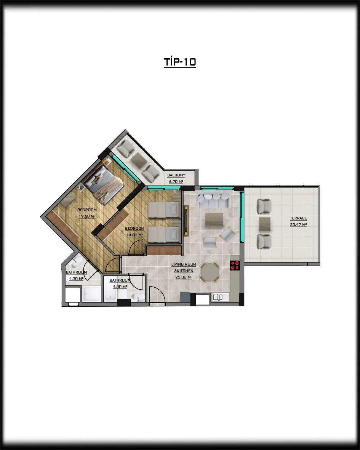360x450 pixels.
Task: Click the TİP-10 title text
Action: (x=180, y=62)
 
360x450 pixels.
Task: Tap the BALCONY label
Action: (x=176, y=175)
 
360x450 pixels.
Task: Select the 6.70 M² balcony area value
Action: (x=176, y=182)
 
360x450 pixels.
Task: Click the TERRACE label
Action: (x=298, y=218)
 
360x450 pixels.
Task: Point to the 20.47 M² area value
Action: (x=298, y=225)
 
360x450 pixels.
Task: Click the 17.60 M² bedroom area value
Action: (x=87, y=216)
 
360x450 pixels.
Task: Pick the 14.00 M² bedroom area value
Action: (x=134, y=235)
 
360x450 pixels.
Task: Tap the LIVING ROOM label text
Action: (x=184, y=264)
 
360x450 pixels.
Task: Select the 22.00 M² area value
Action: (x=184, y=277)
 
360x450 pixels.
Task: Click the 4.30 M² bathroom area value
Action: (x=76, y=279)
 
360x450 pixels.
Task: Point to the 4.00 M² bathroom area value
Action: (x=120, y=287)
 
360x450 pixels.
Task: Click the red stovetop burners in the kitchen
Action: (x=235, y=266)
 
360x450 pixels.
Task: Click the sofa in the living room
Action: (x=213, y=200)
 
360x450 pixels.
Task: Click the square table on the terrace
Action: (x=264, y=224)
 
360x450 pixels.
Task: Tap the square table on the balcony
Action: (x=139, y=160)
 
